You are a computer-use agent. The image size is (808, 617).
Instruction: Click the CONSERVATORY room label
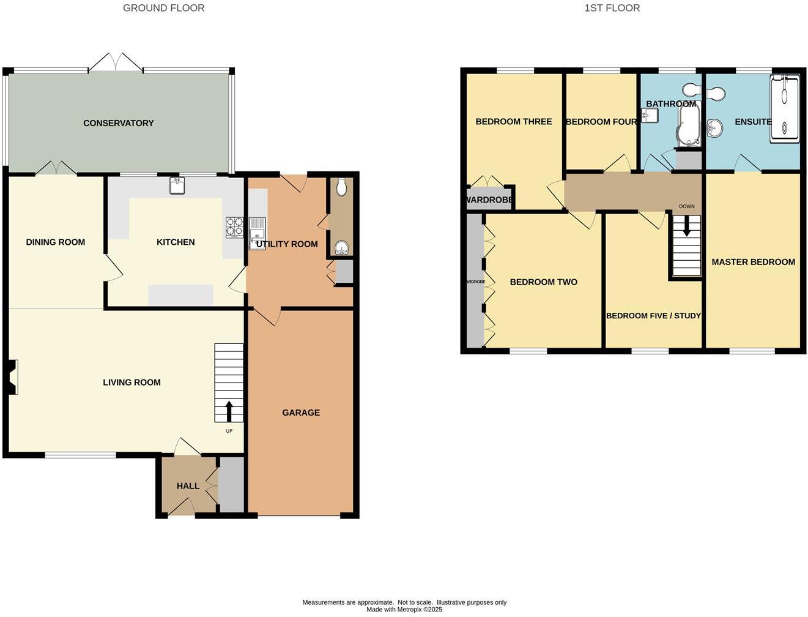pyautogui.click(x=118, y=123)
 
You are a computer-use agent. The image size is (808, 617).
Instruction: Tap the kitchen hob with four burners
pyautogui.click(x=234, y=227)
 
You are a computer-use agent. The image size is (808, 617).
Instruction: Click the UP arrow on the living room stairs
pyautogui.click(x=229, y=411)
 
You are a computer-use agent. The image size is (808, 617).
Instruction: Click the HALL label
pyautogui.click(x=188, y=486)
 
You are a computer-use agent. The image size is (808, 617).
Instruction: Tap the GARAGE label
pyautogui.click(x=301, y=413)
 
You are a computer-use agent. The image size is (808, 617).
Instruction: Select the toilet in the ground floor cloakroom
pyautogui.click(x=341, y=187)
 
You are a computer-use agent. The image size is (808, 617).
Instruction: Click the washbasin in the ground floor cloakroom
pyautogui.click(x=341, y=247)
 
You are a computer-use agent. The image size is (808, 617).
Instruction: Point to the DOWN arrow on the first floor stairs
pyautogui.click(x=687, y=228)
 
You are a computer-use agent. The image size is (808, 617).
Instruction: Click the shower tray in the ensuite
pyautogui.click(x=785, y=109)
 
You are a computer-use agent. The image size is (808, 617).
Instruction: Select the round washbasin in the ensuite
pyautogui.click(x=713, y=127)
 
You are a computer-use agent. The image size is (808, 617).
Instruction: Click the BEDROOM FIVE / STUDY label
pyautogui.click(x=653, y=316)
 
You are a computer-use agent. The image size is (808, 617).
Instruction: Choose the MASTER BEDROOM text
pyautogui.click(x=753, y=262)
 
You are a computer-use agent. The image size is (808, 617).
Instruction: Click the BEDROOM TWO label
pyautogui.click(x=543, y=282)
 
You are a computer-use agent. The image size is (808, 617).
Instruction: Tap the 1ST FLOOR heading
pyautogui.click(x=612, y=8)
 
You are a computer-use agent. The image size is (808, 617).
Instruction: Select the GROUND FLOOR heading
pyautogui.click(x=163, y=8)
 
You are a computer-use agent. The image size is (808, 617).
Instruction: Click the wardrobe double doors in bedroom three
pyautogui.click(x=487, y=182)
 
